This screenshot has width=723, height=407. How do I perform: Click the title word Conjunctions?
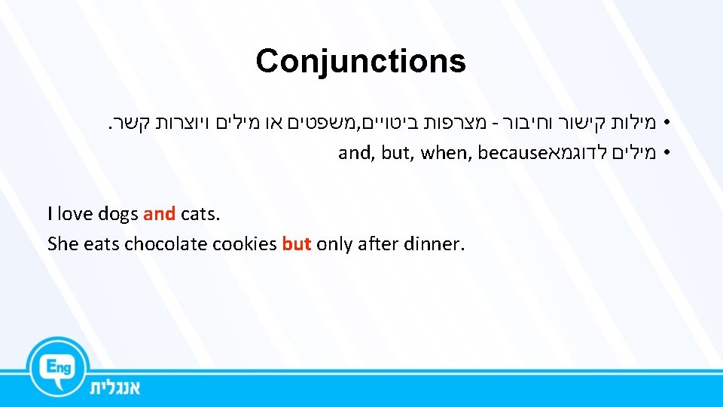click(x=361, y=61)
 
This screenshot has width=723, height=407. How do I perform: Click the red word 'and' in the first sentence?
click(x=159, y=214)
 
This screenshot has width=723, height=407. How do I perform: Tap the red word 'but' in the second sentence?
click(x=297, y=244)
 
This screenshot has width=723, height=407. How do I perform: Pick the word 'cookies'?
click(x=245, y=244)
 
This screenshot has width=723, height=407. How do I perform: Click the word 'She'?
click(x=62, y=244)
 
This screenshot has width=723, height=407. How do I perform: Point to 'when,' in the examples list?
click(x=446, y=154)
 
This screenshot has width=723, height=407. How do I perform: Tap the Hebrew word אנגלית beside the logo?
click(x=115, y=387)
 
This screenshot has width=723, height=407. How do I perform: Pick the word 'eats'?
click(x=101, y=244)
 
